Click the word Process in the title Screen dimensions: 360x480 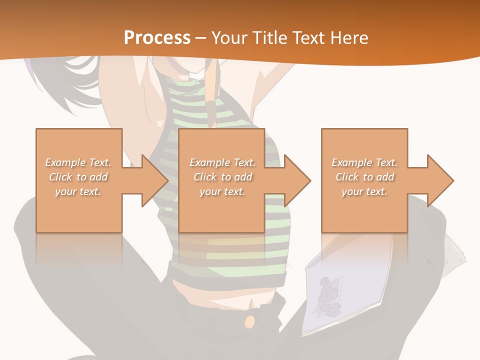(157, 38)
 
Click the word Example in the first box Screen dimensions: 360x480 (65, 162)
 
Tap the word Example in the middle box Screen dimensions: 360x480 (209, 162)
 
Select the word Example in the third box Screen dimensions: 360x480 (351, 162)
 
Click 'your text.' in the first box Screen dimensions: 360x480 (78, 191)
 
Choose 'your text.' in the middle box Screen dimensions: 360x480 (222, 191)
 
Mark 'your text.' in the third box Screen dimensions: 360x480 (364, 191)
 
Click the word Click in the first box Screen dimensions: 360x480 (60, 177)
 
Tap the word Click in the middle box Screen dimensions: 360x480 (205, 177)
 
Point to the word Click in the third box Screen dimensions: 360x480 (347, 177)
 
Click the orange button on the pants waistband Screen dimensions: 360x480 (250, 321)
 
